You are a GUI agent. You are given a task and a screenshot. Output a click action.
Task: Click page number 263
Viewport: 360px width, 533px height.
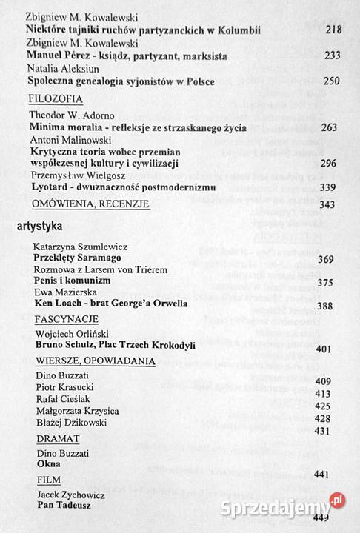(330, 127)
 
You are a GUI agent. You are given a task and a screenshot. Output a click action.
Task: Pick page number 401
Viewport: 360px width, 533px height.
(324, 349)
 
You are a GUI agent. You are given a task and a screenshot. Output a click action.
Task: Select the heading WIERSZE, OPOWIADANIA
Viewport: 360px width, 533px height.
(95, 361)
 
